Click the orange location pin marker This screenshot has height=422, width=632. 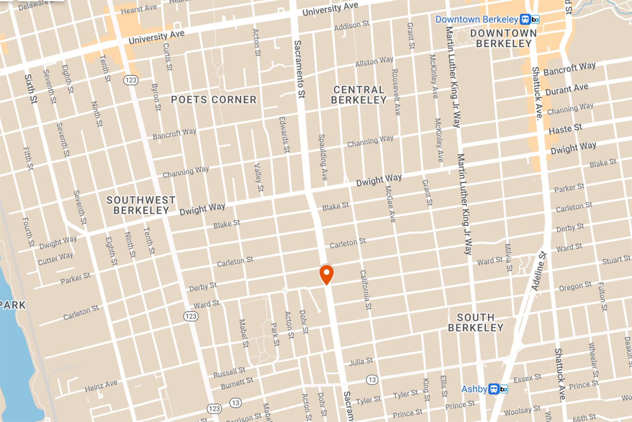(x=326, y=274)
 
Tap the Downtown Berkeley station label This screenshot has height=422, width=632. (x=476, y=19)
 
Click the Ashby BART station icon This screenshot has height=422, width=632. (x=498, y=389)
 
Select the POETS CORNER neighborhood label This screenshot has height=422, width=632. (x=214, y=100)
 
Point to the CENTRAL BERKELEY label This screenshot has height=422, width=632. (x=359, y=95)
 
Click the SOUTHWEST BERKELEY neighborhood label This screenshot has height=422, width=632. (x=141, y=205)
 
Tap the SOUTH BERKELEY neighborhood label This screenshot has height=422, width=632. (x=476, y=323)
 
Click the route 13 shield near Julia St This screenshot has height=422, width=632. (x=372, y=380)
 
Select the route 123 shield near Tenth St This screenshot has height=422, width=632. (x=130, y=80)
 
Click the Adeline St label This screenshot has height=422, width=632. (x=539, y=271)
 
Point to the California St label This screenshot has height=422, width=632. (x=366, y=290)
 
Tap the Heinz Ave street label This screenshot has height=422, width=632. (x=101, y=386)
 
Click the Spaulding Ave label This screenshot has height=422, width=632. (x=323, y=157)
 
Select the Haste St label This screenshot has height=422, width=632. (x=565, y=129)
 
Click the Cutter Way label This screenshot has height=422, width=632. (x=55, y=259)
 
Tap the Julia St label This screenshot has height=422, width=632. (x=361, y=361)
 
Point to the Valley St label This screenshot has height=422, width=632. (x=258, y=178)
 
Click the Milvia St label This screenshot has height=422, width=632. (x=508, y=257)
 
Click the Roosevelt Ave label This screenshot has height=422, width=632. (x=395, y=92)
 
